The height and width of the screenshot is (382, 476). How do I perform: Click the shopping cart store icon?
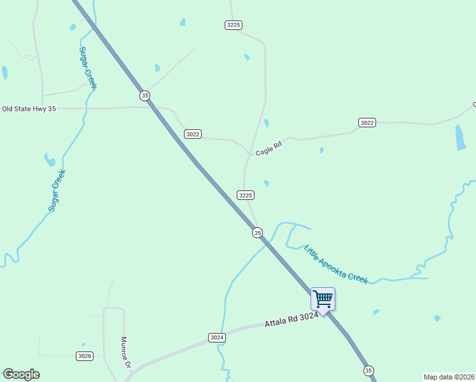323,299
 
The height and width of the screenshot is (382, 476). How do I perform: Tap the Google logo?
21,374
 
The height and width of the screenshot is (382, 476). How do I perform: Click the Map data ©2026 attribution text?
449,377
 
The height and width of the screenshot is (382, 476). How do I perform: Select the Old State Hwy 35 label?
29,109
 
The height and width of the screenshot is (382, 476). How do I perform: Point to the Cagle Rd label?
268,148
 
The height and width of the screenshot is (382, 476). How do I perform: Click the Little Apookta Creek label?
336,264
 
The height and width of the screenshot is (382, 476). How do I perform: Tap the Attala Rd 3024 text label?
291,320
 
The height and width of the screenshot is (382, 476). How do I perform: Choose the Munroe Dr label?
125,353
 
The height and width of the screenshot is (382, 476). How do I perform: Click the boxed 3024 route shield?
216,337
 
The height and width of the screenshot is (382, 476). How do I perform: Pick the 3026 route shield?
85,356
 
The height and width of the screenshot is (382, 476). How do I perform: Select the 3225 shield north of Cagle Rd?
234,25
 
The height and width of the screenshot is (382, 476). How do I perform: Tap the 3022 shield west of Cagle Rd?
193,134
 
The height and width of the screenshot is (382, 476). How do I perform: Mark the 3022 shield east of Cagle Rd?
367,122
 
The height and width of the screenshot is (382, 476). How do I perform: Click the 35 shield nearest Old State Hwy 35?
145,95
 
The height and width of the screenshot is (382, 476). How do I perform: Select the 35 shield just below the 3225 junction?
257,233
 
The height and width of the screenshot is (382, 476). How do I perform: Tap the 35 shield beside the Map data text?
368,370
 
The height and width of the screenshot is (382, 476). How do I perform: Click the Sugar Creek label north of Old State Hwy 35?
87,67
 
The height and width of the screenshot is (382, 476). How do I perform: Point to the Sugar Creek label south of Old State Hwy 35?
57,190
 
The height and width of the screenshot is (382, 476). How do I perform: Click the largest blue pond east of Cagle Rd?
461,137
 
